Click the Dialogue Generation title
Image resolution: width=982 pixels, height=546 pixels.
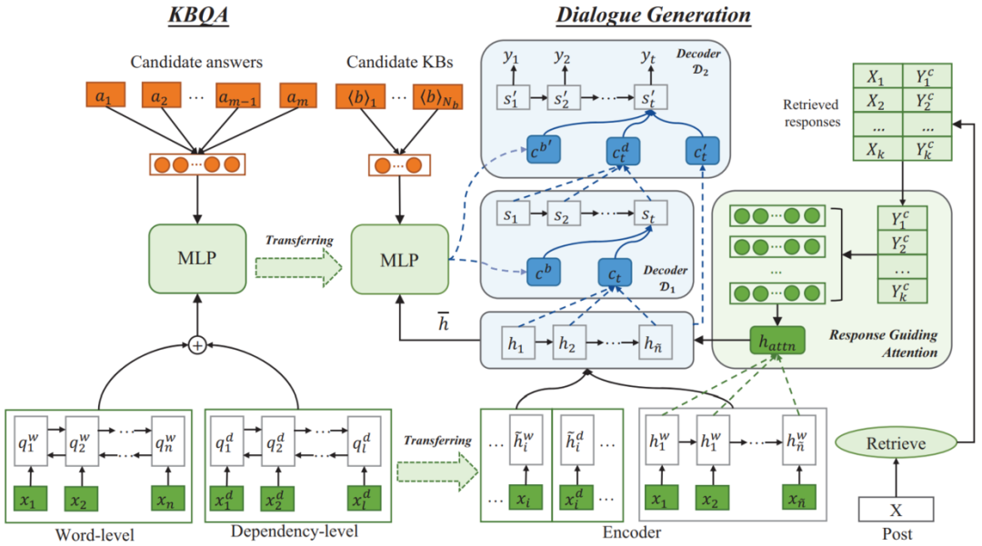point(653,15)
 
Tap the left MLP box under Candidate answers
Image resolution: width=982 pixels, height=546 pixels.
point(197,260)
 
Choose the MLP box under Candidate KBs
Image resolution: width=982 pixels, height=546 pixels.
point(400,260)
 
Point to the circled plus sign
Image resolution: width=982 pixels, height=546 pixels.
point(197,346)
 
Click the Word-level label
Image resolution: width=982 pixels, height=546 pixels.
point(94,534)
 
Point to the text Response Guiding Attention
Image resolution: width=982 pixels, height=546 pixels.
point(882,342)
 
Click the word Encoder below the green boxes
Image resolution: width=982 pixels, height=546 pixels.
point(631,532)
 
